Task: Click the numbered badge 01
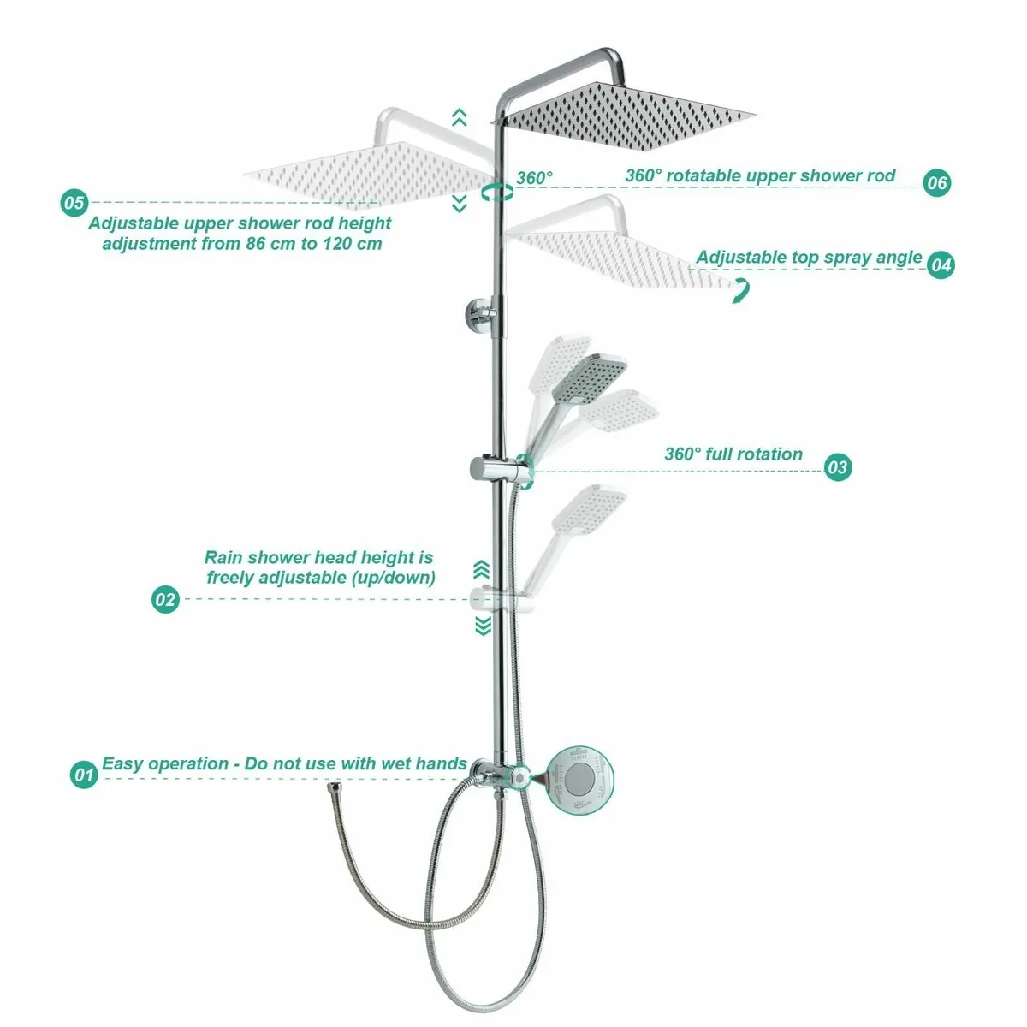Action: pos(83,775)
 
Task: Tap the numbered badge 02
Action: pos(165,599)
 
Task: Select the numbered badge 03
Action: pos(837,466)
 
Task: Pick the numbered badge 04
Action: pos(940,265)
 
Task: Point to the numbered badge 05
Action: pos(74,203)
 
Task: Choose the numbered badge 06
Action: pos(937,182)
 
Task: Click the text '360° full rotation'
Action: pos(733,454)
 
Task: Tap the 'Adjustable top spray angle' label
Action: pos(809,257)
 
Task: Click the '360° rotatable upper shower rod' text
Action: pos(760,175)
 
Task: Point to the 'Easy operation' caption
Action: pos(284,763)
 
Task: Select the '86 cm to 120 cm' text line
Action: pos(242,243)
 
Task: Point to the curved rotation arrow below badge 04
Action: pos(739,290)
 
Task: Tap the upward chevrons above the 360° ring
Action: pos(460,117)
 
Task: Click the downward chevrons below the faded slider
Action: pos(484,626)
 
